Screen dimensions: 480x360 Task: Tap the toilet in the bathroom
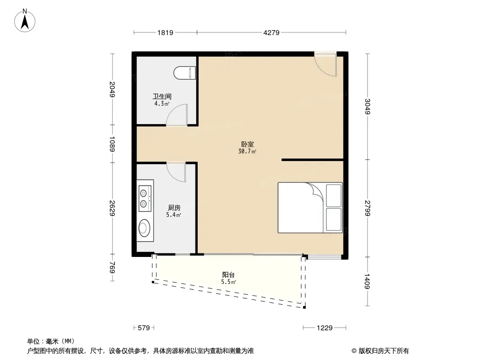point(185,73)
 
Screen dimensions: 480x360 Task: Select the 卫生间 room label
point(162,96)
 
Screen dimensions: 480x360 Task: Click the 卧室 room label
point(247,144)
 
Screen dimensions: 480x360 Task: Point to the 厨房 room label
point(174,208)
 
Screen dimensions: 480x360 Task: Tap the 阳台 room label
point(228,274)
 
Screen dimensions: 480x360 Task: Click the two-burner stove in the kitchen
point(145,196)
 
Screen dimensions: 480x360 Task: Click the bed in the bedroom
point(310,208)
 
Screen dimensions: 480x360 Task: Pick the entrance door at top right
point(326,64)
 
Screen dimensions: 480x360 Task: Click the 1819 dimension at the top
point(165,32)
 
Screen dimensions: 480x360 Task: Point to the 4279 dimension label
point(272,32)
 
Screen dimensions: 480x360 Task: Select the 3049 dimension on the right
point(367,107)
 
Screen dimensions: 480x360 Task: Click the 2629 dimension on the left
point(113,208)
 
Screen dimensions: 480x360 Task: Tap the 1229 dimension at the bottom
point(325,328)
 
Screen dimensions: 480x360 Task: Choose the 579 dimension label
point(144,328)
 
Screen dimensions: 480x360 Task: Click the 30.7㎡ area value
point(247,151)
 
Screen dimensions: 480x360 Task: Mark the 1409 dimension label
point(367,281)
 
